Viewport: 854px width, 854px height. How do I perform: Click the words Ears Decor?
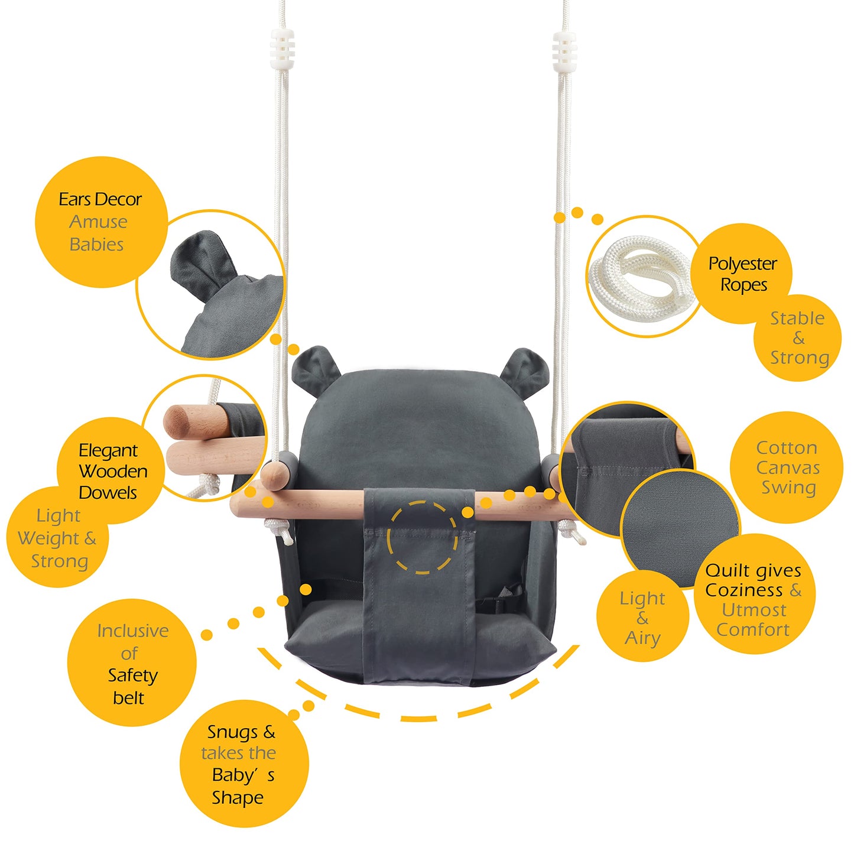tap(100, 200)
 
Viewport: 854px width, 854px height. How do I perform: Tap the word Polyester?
tap(742, 264)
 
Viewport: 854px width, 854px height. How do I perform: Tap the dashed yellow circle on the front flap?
tap(422, 537)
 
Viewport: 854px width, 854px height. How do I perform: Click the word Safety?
tap(132, 676)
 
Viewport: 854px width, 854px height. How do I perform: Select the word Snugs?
tap(233, 733)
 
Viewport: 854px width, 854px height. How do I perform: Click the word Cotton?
tap(787, 448)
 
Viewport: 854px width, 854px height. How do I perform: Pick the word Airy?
tap(642, 638)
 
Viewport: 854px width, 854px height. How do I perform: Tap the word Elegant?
tap(108, 451)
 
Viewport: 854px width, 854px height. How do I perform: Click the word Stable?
tap(797, 319)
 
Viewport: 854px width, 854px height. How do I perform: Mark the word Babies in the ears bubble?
tap(96, 245)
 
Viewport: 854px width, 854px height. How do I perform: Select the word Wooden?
tap(113, 472)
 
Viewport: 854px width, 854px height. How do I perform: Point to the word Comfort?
tap(753, 630)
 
